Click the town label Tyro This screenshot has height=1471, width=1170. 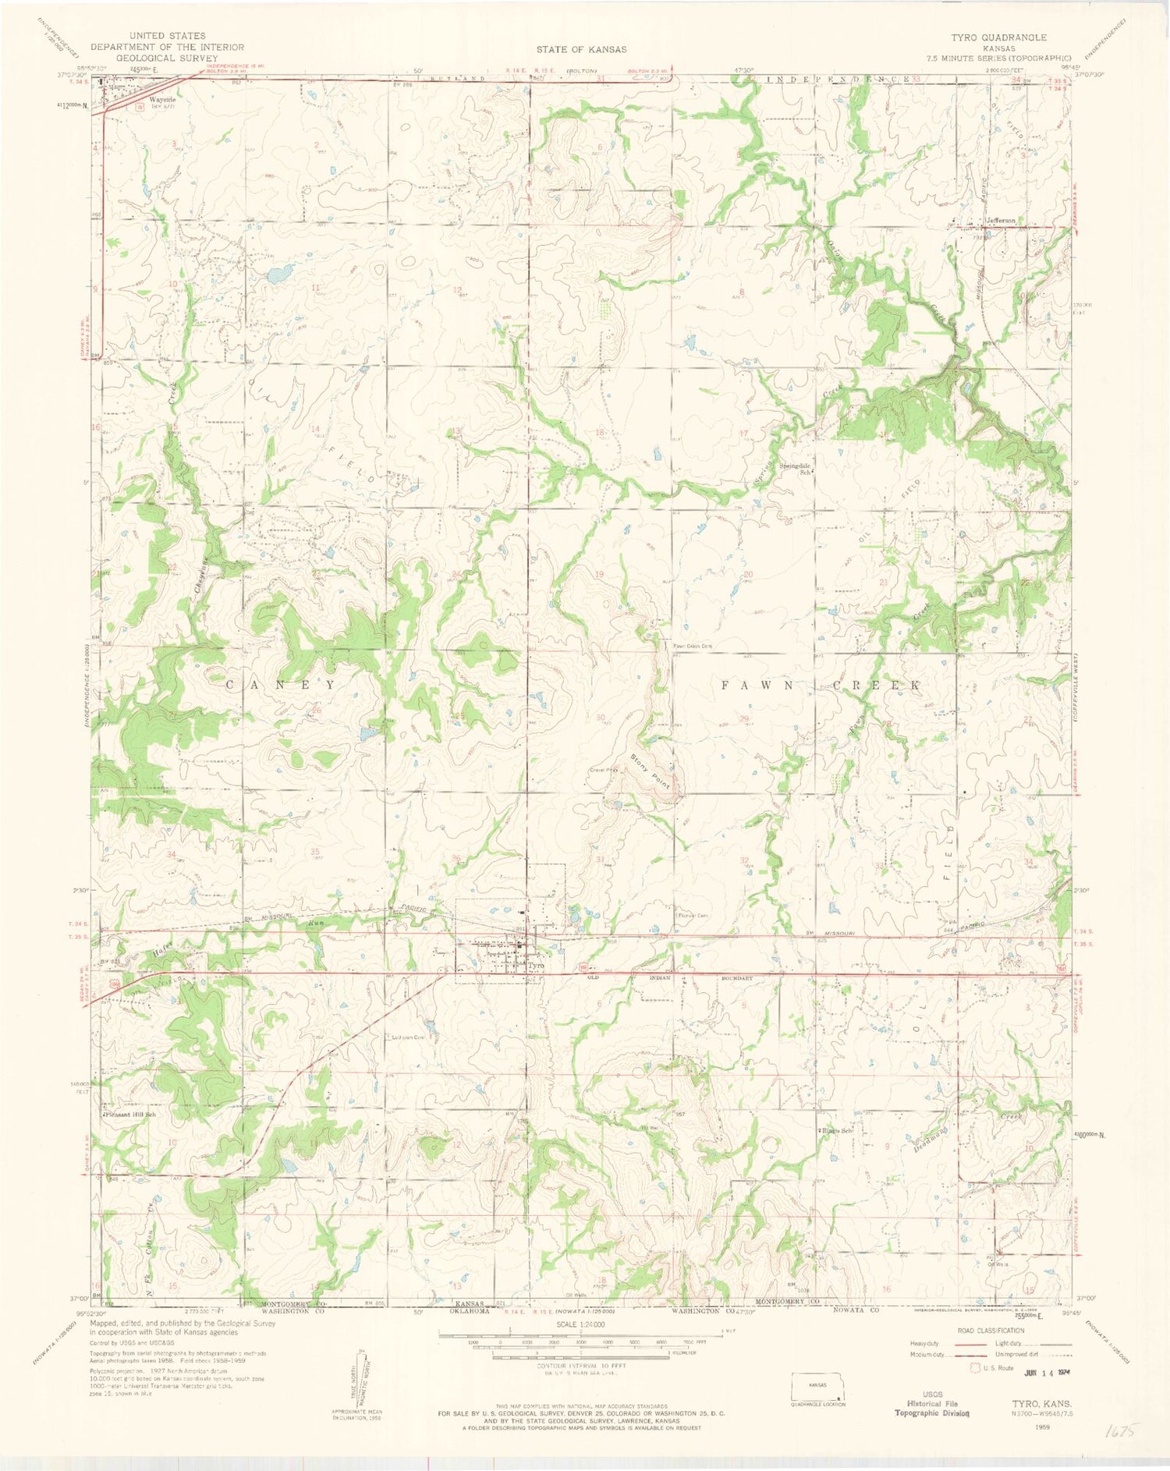(535, 966)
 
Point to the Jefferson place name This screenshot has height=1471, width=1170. (1001, 221)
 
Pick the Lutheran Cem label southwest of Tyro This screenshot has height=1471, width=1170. (409, 1037)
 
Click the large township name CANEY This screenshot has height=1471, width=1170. (281, 684)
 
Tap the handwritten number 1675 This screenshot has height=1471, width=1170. (1122, 1432)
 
